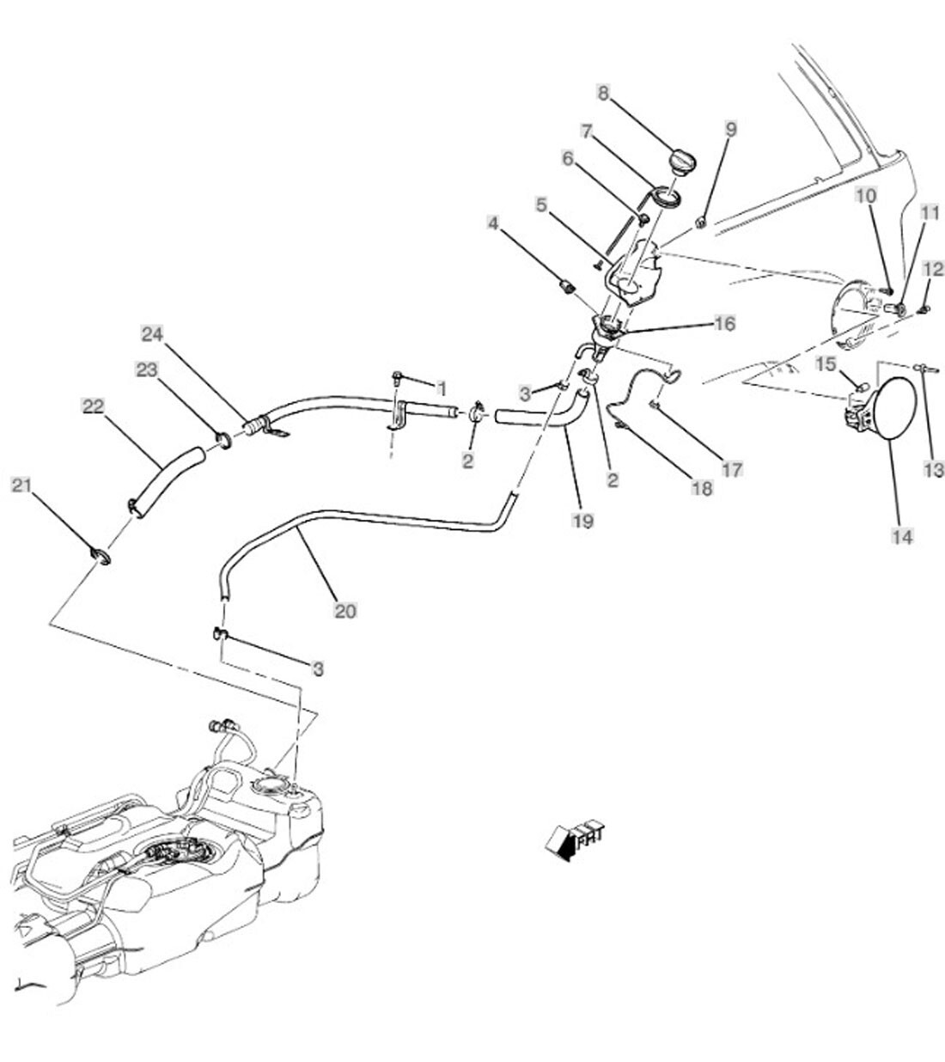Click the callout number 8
coord(603,93)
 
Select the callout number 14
coord(902,537)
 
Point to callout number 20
coord(345,611)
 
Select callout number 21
coord(21,486)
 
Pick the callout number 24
coord(152,333)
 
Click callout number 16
coord(724,323)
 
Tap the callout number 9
coord(730,130)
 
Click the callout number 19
coord(583,521)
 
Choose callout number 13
coord(934,470)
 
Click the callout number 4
coord(492,223)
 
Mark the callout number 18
coord(702,487)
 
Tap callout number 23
coord(147,369)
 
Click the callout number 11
coord(930,213)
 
